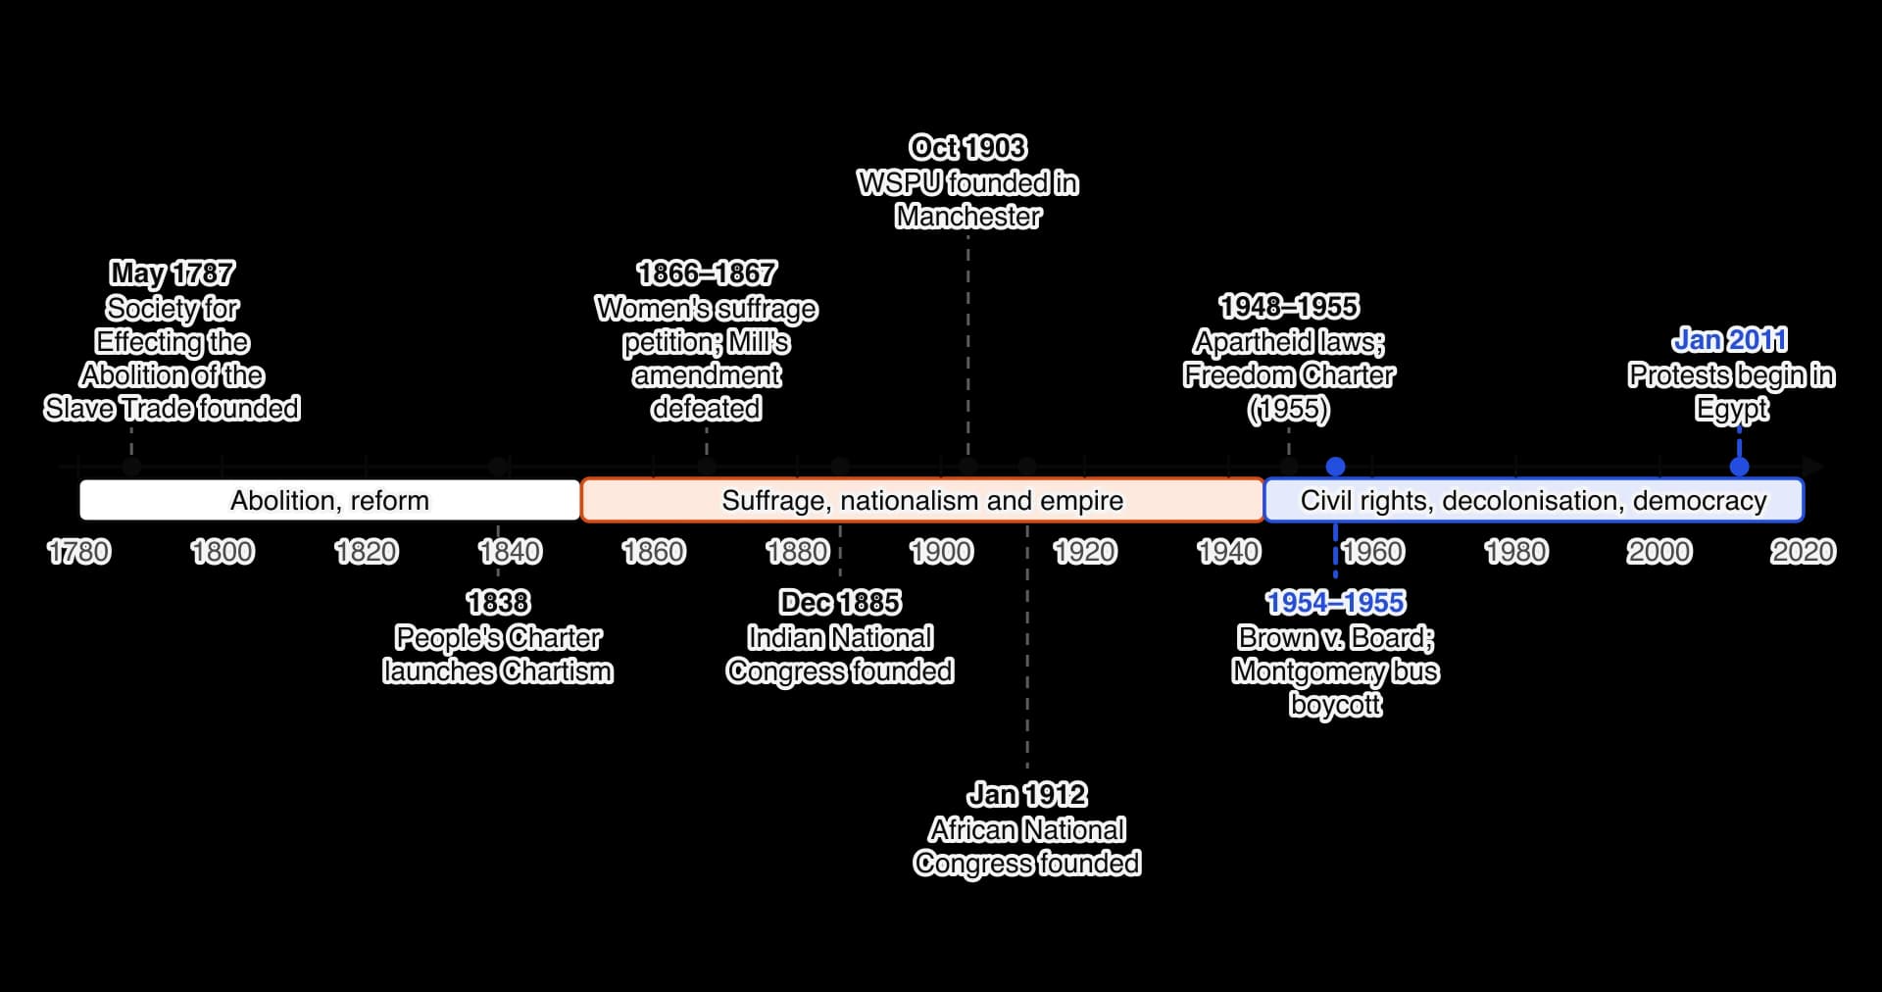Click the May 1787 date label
[172, 273]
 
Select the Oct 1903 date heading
[967, 148]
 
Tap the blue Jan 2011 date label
[1730, 340]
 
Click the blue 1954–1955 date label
[1335, 603]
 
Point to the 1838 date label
[498, 603]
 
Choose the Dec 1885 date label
[840, 603]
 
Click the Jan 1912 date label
[1027, 795]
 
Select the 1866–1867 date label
[707, 273]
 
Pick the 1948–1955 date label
[1289, 307]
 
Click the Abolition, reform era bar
[330, 500]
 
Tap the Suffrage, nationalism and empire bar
[922, 500]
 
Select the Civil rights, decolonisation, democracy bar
[1534, 500]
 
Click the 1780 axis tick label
[79, 552]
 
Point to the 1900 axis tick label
[941, 552]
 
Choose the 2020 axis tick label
[1804, 552]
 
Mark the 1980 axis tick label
[1516, 552]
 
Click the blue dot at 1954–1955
[1335, 467]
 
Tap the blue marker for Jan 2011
[1740, 466]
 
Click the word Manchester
[968, 217]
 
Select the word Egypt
[1732, 410]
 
